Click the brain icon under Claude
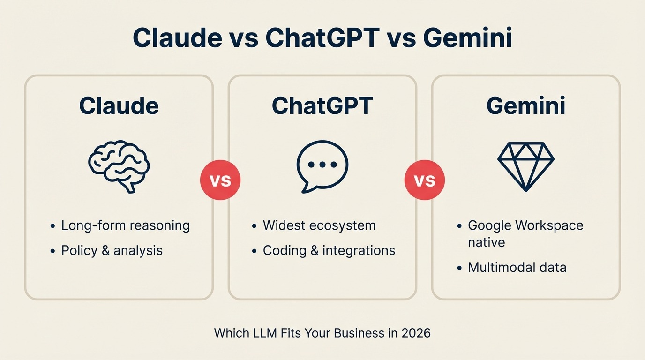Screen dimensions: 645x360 click(x=119, y=166)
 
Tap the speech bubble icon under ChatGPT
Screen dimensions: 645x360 click(x=322, y=166)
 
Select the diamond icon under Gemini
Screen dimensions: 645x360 click(x=526, y=166)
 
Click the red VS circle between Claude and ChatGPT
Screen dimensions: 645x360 click(x=220, y=180)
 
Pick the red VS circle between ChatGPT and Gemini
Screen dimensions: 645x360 click(x=424, y=180)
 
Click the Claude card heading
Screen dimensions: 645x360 click(x=119, y=105)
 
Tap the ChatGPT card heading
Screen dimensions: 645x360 click(x=322, y=105)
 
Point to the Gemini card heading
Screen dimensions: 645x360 click(x=526, y=105)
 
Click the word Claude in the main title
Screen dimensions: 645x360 click(x=177, y=37)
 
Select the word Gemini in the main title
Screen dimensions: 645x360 click(x=468, y=37)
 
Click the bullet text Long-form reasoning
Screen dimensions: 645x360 click(x=126, y=225)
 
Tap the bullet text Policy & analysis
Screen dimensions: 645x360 click(x=112, y=251)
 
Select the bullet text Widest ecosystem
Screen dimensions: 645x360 click(x=319, y=225)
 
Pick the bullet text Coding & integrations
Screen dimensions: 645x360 click(x=329, y=251)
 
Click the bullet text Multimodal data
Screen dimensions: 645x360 click(x=517, y=268)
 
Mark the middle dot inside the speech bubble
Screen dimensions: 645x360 click(x=322, y=165)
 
